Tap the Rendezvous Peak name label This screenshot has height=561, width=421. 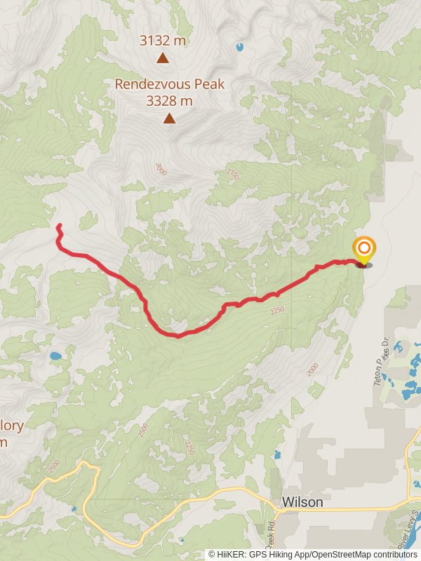click(169, 84)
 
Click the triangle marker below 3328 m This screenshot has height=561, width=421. click(169, 119)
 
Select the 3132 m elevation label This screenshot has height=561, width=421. click(163, 41)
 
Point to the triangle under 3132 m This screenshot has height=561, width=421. click(163, 59)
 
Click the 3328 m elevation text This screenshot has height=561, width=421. click(169, 101)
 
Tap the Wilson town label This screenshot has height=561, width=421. click(302, 502)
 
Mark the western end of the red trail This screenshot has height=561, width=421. click(59, 226)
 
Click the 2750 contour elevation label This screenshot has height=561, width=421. click(233, 173)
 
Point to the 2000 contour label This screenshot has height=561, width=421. click(312, 370)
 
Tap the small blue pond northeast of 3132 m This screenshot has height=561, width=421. click(240, 47)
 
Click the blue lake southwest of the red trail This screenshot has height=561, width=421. click(55, 356)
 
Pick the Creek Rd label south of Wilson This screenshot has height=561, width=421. click(272, 536)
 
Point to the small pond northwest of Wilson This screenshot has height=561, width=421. click(277, 454)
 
